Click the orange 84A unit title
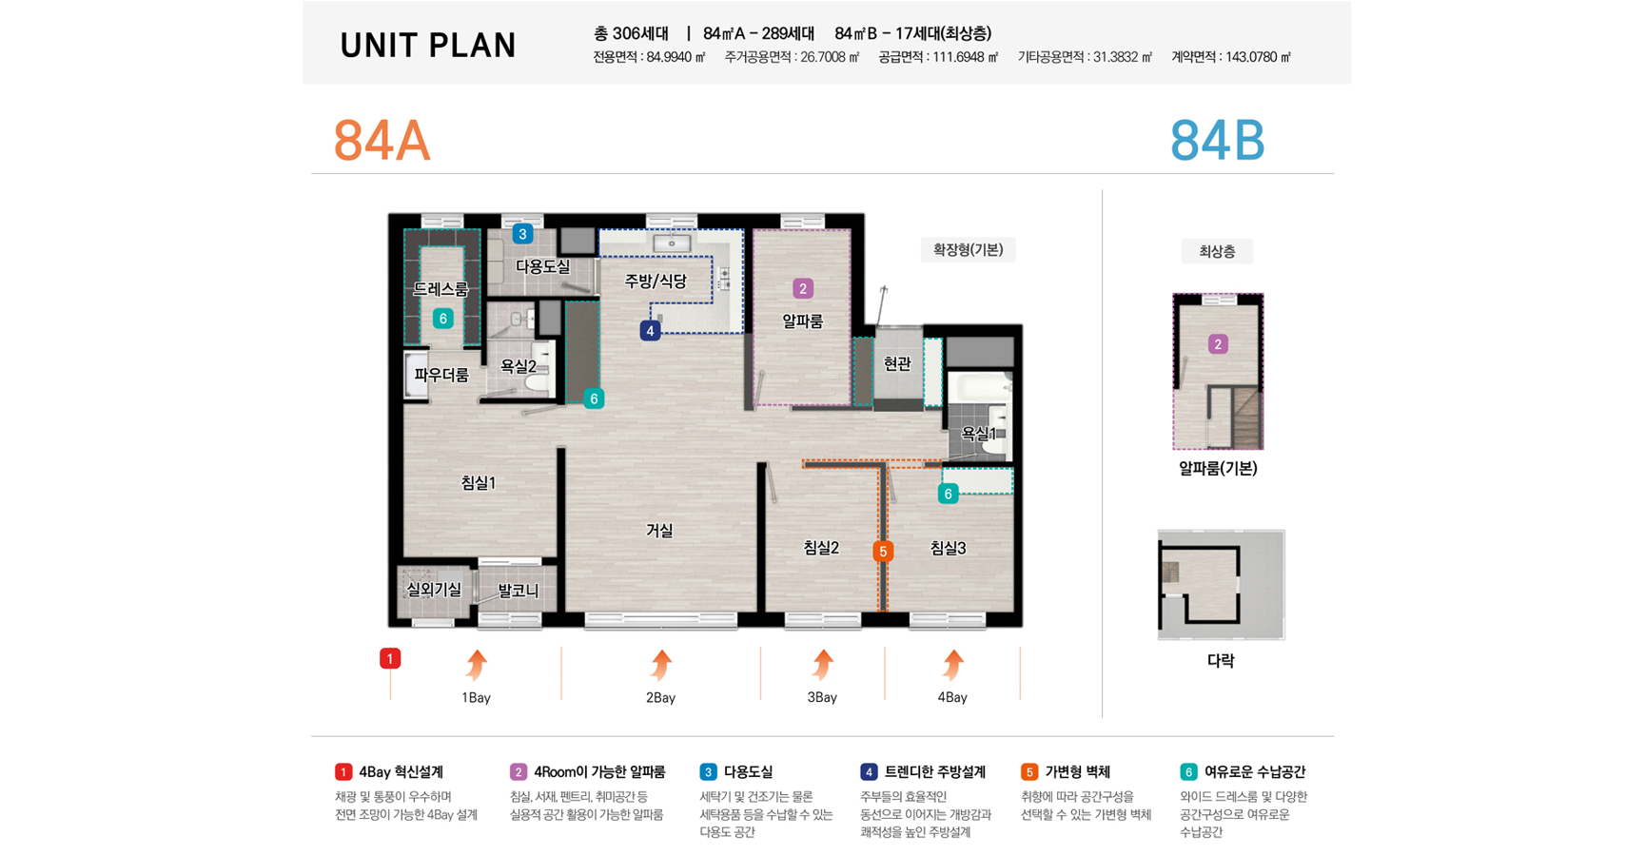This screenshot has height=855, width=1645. tap(382, 142)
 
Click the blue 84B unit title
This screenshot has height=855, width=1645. tap(1217, 142)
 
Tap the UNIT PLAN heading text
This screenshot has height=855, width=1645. tap(428, 46)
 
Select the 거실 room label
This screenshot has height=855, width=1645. tap(659, 531)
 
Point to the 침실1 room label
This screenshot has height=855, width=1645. tap(479, 483)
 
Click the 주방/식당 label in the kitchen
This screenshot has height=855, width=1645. tap(656, 281)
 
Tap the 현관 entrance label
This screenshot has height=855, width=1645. tap(897, 363)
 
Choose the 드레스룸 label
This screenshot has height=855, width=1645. tap(441, 289)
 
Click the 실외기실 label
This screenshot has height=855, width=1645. tap(434, 590)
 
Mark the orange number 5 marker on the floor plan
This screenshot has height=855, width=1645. tap(883, 552)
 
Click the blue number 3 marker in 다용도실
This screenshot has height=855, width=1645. tap(522, 234)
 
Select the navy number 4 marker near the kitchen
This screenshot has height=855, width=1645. tap(650, 331)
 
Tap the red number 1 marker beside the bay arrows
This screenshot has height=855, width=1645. tap(390, 658)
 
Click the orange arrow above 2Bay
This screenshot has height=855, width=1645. tap(660, 665)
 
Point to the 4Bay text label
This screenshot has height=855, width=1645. tap(952, 697)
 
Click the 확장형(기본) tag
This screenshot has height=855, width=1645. tap(968, 250)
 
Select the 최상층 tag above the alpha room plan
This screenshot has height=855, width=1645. tap(1217, 252)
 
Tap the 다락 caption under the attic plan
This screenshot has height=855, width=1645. tap(1221, 660)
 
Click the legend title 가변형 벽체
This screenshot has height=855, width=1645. tap(1078, 772)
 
